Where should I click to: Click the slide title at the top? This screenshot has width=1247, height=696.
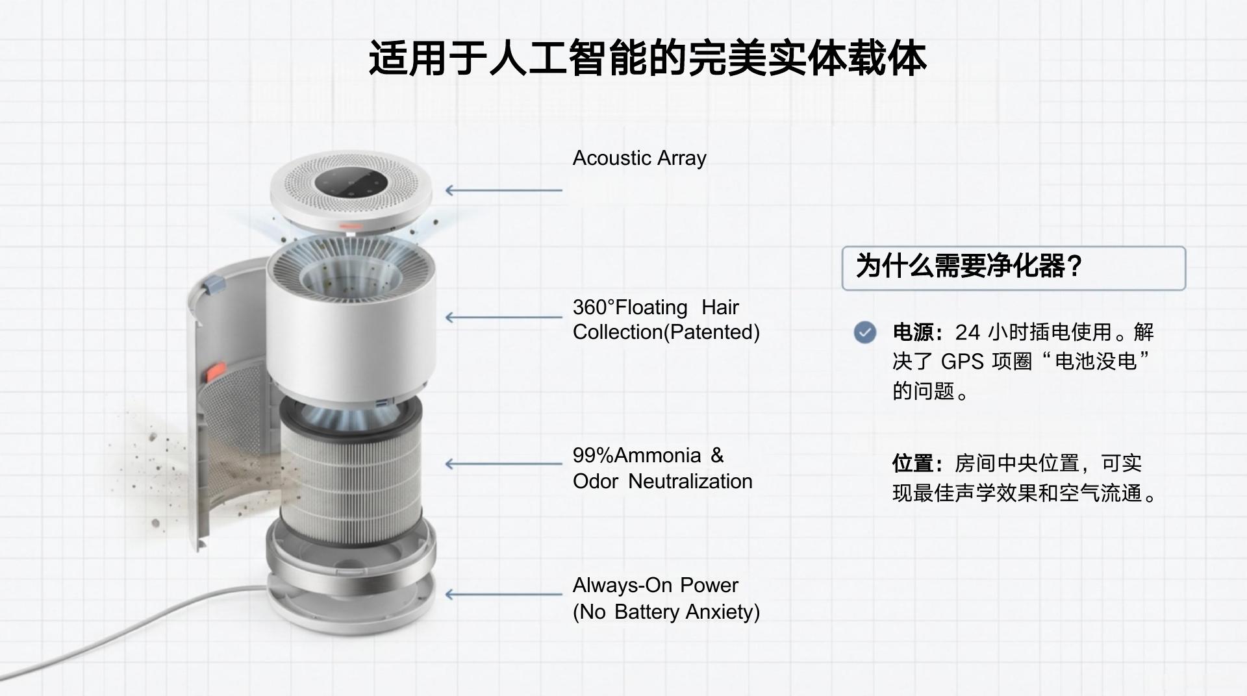(x=647, y=58)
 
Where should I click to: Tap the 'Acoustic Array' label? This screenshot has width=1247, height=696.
(x=639, y=158)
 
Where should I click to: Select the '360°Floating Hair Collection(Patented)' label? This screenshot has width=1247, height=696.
(x=666, y=319)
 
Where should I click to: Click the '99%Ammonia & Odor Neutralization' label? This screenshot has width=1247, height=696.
(x=662, y=468)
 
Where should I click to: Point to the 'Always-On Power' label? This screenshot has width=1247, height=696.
(x=655, y=585)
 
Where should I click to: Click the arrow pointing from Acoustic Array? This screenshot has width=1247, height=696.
(x=504, y=190)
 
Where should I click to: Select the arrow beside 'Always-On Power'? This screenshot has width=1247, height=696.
(x=504, y=594)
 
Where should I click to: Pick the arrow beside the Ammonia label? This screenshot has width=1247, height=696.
(x=504, y=464)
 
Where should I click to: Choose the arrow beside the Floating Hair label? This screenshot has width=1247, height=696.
(x=504, y=317)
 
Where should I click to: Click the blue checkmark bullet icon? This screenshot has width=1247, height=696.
(x=864, y=332)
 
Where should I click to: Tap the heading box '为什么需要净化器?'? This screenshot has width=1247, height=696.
(x=1013, y=267)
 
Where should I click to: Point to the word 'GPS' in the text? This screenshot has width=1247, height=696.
(x=963, y=362)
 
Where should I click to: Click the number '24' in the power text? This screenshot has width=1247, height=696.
(x=967, y=332)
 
